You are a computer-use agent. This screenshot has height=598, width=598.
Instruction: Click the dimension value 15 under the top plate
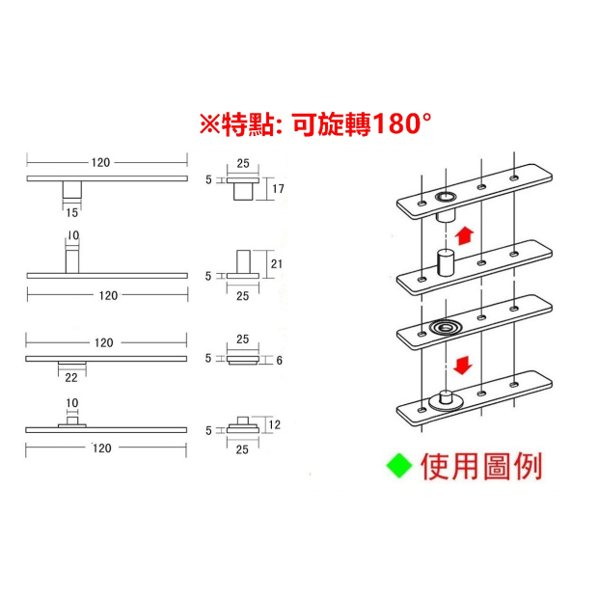point(72,213)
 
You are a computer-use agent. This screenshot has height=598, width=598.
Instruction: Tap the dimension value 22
point(72,377)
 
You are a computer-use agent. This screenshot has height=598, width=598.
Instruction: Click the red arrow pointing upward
point(464,233)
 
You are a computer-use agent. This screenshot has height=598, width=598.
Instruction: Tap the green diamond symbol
point(398,467)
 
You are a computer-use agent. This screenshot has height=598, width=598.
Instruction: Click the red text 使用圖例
point(481,467)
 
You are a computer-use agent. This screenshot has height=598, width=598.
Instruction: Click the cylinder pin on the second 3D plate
point(445,262)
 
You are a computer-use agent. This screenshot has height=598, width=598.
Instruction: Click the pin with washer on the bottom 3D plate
point(445,397)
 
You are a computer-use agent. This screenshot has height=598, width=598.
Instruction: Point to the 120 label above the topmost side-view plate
point(101,162)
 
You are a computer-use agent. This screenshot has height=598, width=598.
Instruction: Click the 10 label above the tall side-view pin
point(74,235)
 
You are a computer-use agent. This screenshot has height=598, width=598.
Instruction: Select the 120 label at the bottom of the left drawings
point(102,448)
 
